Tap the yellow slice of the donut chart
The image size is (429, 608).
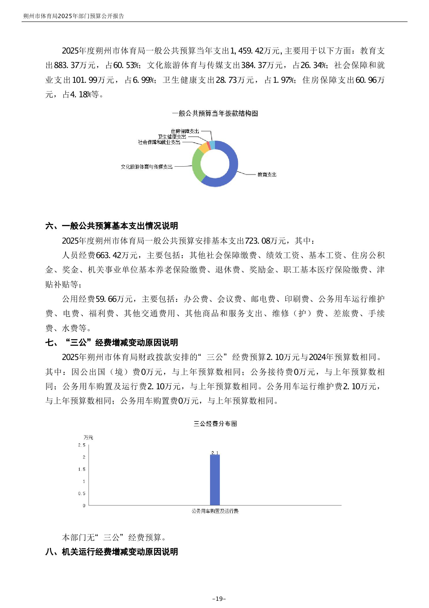coord(203,148)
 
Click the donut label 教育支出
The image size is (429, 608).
coord(267,175)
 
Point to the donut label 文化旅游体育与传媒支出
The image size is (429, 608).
coord(147,167)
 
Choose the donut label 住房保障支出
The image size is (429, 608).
coord(185,131)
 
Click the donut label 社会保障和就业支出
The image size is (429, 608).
coord(159,142)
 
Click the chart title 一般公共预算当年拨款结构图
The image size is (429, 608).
coord(215,114)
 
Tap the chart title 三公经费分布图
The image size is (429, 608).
coord(215,424)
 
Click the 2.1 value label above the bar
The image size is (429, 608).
coord(215,453)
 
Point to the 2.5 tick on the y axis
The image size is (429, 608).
coord(82,445)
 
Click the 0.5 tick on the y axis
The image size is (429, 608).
coord(82,493)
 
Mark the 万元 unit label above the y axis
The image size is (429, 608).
coord(88,438)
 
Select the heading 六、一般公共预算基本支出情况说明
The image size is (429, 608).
coord(112,226)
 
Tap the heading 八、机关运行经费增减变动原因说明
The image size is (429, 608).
coord(112,552)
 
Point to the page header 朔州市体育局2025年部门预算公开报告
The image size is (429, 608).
coord(74,16)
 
